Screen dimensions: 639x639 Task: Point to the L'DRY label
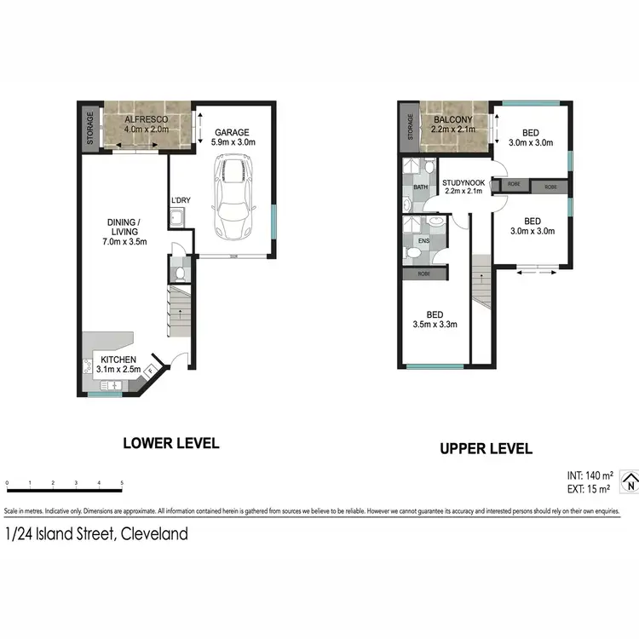pyautogui.click(x=180, y=200)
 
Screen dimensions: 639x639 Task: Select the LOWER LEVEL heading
pyautogui.click(x=171, y=443)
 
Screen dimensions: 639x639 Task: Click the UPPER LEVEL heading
pyautogui.click(x=486, y=448)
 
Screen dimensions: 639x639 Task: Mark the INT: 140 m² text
pyautogui.click(x=589, y=475)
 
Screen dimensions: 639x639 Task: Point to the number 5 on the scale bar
pyautogui.click(x=122, y=484)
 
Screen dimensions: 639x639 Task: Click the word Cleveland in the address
pyautogui.click(x=155, y=535)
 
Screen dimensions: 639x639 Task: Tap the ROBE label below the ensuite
pyautogui.click(x=423, y=275)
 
